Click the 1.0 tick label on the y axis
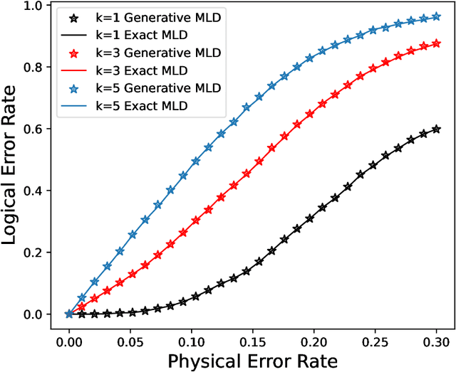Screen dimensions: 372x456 pyautogui.click(x=36, y=6)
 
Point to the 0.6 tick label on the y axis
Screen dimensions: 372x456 pyautogui.click(x=36, y=129)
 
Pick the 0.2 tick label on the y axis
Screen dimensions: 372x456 pyautogui.click(x=36, y=253)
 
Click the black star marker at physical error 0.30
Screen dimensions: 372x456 pyautogui.click(x=436, y=129)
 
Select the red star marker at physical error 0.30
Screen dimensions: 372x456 pyautogui.click(x=436, y=43)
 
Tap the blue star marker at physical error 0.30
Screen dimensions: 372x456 pyautogui.click(x=436, y=16)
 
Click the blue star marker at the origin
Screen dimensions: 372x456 pyautogui.click(x=69, y=314)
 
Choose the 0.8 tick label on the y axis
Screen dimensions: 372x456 pyautogui.click(x=36, y=68)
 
